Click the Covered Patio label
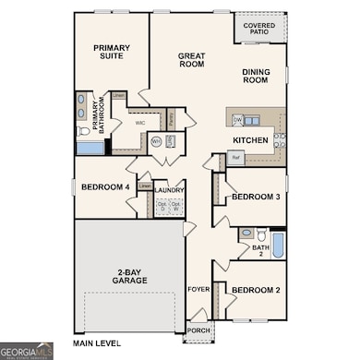(258, 30)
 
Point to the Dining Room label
(262, 77)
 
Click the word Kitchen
(250, 140)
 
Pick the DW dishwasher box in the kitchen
(237, 120)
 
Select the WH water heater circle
(156, 141)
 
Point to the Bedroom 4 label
(107, 187)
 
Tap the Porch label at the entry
(197, 330)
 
